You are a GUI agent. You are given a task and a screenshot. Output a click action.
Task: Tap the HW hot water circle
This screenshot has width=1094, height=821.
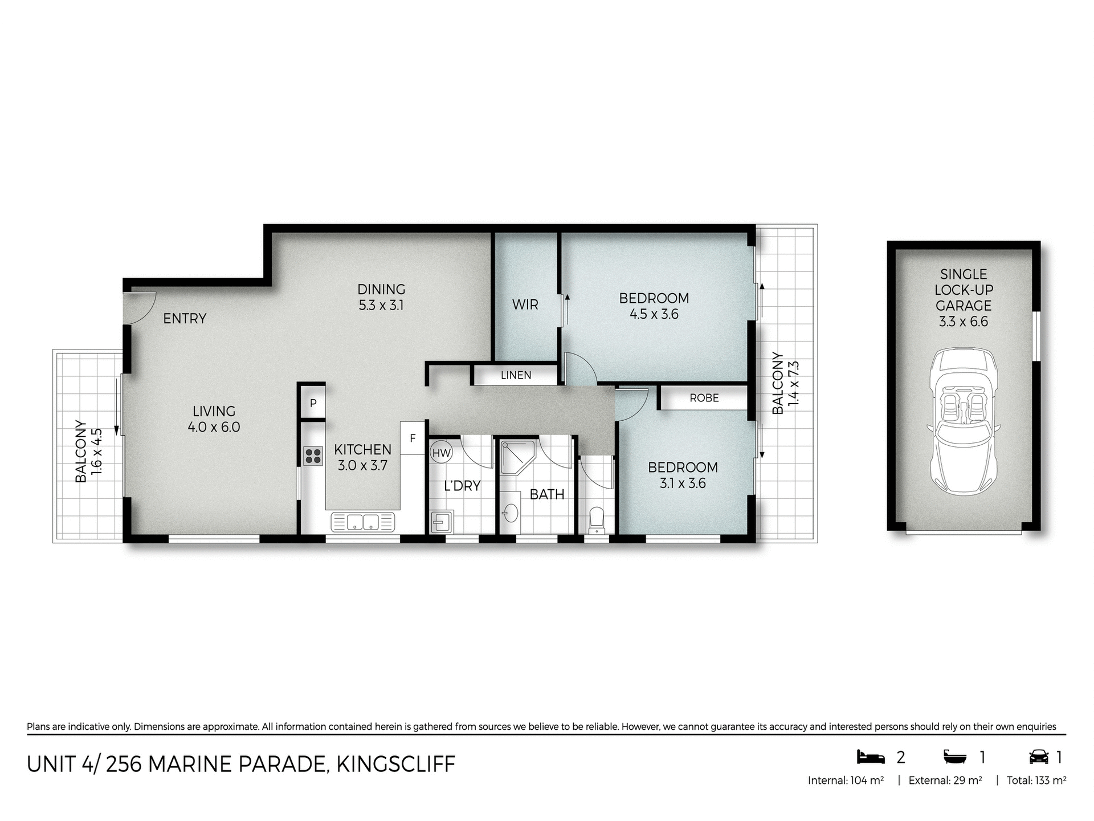pos(441,454)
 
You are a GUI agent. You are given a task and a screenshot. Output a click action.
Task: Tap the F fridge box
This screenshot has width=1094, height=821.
pos(413,438)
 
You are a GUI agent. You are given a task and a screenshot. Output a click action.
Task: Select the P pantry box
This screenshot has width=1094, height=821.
pos(313,403)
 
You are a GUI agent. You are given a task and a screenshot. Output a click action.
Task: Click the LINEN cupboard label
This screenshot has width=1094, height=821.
pos(516,375)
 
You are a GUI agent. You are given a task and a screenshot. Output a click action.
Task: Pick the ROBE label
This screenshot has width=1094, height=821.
pos(704,398)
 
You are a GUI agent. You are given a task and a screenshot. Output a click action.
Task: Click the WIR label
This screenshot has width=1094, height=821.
pos(525,304)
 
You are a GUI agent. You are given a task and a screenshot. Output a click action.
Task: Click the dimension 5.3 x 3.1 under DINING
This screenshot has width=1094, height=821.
pos(381,306)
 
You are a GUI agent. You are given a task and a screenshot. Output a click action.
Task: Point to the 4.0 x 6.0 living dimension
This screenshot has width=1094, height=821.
pos(214,427)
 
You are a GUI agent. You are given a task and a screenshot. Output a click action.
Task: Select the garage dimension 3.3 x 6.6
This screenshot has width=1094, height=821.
pos(964,322)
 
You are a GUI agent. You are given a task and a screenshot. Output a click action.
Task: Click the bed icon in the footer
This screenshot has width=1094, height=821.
pos(871,757)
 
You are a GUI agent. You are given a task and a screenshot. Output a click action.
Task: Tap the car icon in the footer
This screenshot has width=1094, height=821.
pos(1039,757)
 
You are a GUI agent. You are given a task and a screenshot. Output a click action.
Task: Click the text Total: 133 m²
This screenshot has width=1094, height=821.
pos(1036,781)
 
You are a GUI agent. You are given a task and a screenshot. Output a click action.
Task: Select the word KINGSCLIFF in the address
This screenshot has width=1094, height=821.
pos(396,764)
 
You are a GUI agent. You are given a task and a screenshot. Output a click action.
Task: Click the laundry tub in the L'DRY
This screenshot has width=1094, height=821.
pos(442,521)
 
